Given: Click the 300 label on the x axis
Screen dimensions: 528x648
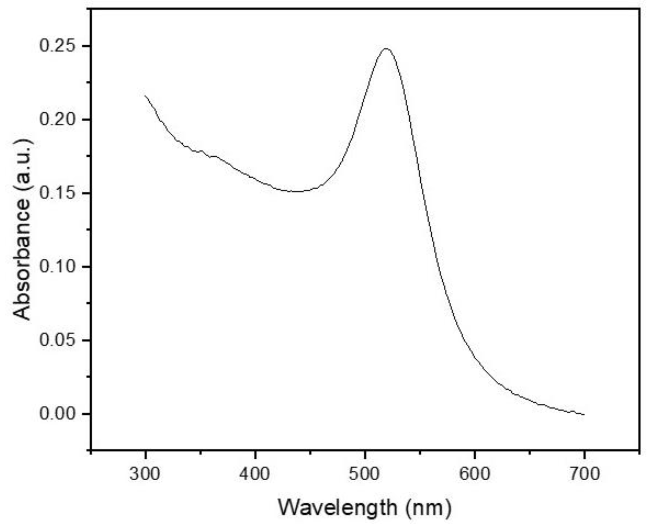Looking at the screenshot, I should click(145, 474).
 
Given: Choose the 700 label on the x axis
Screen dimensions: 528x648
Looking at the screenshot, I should click(584, 474).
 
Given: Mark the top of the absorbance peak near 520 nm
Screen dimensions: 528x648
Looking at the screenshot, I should click(386, 49).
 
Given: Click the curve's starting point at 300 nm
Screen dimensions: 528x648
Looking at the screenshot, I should click(145, 96).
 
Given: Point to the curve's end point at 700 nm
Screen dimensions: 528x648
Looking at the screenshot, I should click(584, 414).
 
